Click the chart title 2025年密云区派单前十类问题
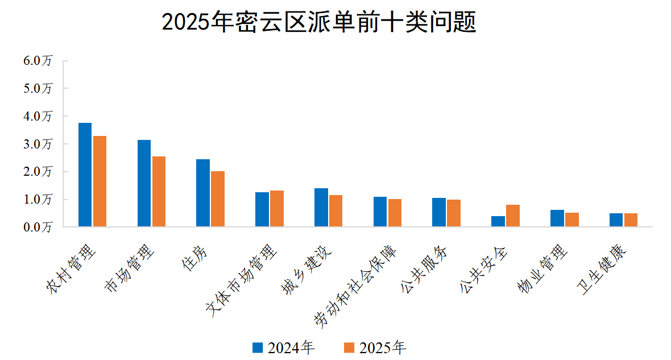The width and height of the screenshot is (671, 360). (x=318, y=23)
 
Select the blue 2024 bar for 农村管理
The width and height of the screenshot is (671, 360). (x=85, y=175)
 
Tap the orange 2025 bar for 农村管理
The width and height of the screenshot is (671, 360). (x=100, y=181)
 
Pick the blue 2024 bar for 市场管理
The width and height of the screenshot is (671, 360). (x=144, y=183)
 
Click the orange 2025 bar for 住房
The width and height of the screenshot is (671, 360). (x=218, y=199)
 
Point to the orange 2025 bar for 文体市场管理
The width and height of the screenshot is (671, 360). (x=277, y=209)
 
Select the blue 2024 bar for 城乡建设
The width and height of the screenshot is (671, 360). (x=321, y=208)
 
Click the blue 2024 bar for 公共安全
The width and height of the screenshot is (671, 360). (x=498, y=221)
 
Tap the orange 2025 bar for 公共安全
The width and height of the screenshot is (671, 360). (x=513, y=216)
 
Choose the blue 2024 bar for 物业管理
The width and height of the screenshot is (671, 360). (x=557, y=218)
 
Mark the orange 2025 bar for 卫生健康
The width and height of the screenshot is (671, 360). (x=631, y=220)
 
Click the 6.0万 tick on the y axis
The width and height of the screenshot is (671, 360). (x=38, y=61)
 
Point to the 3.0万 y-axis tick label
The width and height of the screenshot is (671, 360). (x=38, y=144)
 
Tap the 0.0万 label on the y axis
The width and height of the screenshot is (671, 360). (x=38, y=227)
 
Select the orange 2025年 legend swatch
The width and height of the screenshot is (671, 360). (x=350, y=347)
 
